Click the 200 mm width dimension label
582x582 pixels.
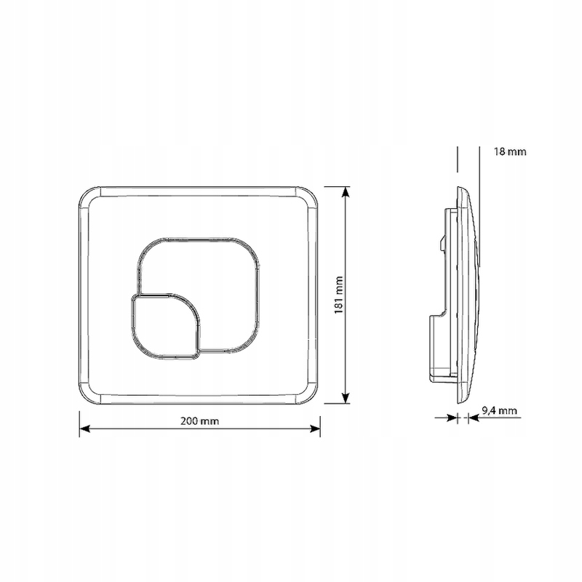(199, 421)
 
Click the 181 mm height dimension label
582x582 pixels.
(338, 295)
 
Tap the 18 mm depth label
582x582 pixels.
(510, 151)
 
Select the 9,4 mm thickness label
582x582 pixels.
(499, 410)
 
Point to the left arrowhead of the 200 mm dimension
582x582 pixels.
(84, 429)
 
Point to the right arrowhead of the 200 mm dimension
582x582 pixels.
(315, 429)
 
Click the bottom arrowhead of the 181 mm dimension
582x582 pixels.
(346, 398)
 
